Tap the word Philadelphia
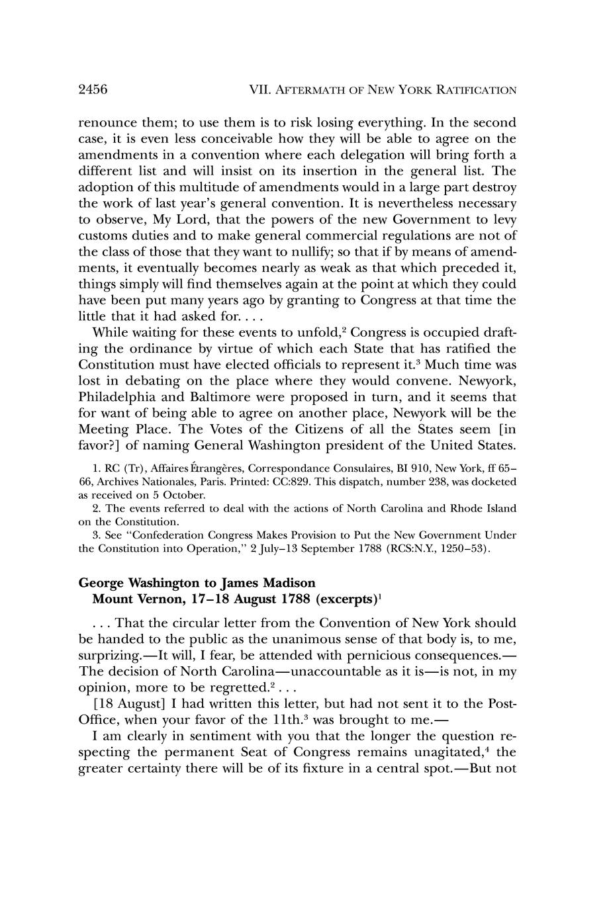[x=118, y=397]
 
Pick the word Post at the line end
[x=502, y=703]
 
